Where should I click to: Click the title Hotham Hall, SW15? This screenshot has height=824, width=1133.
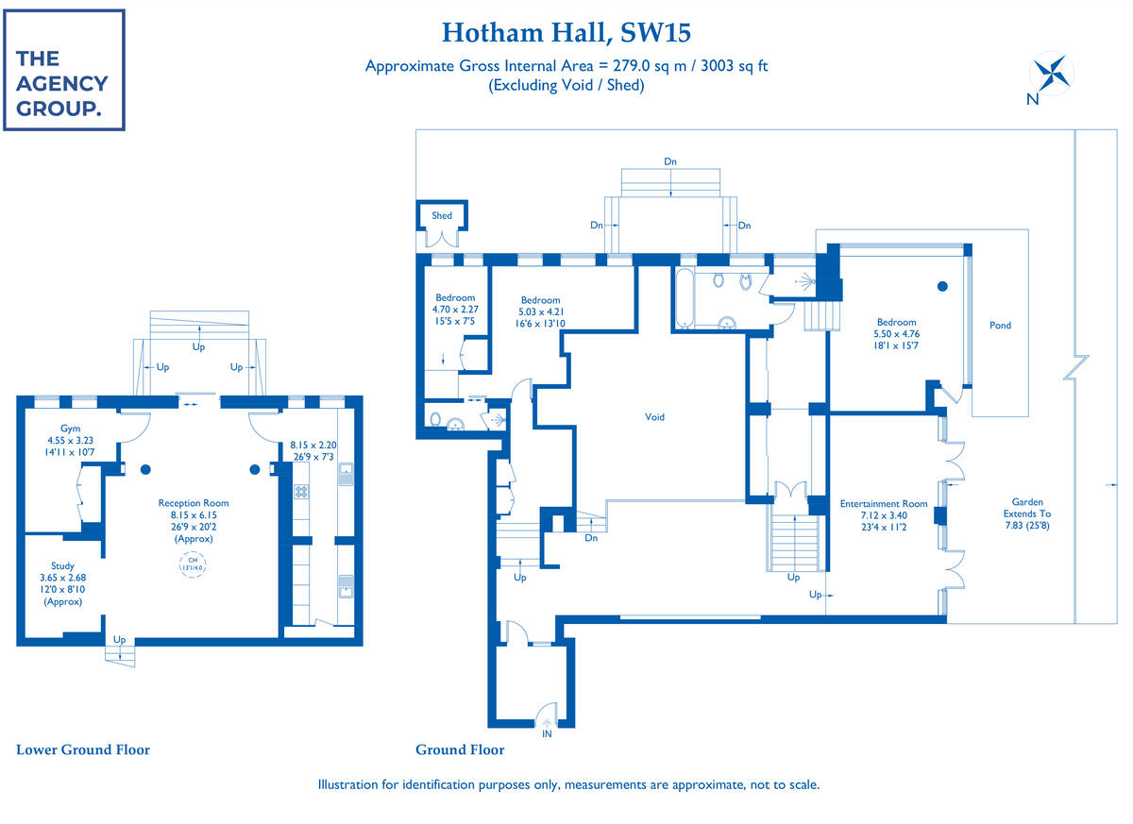(x=566, y=33)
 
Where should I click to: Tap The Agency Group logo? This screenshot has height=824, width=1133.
(x=63, y=71)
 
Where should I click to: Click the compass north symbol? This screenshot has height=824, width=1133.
(x=1051, y=76)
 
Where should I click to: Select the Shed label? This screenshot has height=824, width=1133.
(x=442, y=215)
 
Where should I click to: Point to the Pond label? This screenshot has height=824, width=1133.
(x=1000, y=326)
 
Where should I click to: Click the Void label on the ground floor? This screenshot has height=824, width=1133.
(x=654, y=416)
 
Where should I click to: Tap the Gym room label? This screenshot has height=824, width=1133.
(x=71, y=440)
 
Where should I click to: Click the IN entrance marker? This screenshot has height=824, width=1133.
(x=547, y=732)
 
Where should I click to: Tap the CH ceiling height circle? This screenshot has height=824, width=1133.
(x=194, y=565)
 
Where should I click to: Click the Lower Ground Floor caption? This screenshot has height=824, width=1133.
(x=83, y=750)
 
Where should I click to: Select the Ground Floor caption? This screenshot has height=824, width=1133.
(x=460, y=750)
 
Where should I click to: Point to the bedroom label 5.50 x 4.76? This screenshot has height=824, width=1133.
(x=895, y=334)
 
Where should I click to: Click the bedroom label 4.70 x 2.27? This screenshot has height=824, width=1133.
(x=455, y=310)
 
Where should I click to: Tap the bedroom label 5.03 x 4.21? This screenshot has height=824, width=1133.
(x=540, y=311)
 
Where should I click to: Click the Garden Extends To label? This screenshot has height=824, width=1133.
(x=1027, y=514)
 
